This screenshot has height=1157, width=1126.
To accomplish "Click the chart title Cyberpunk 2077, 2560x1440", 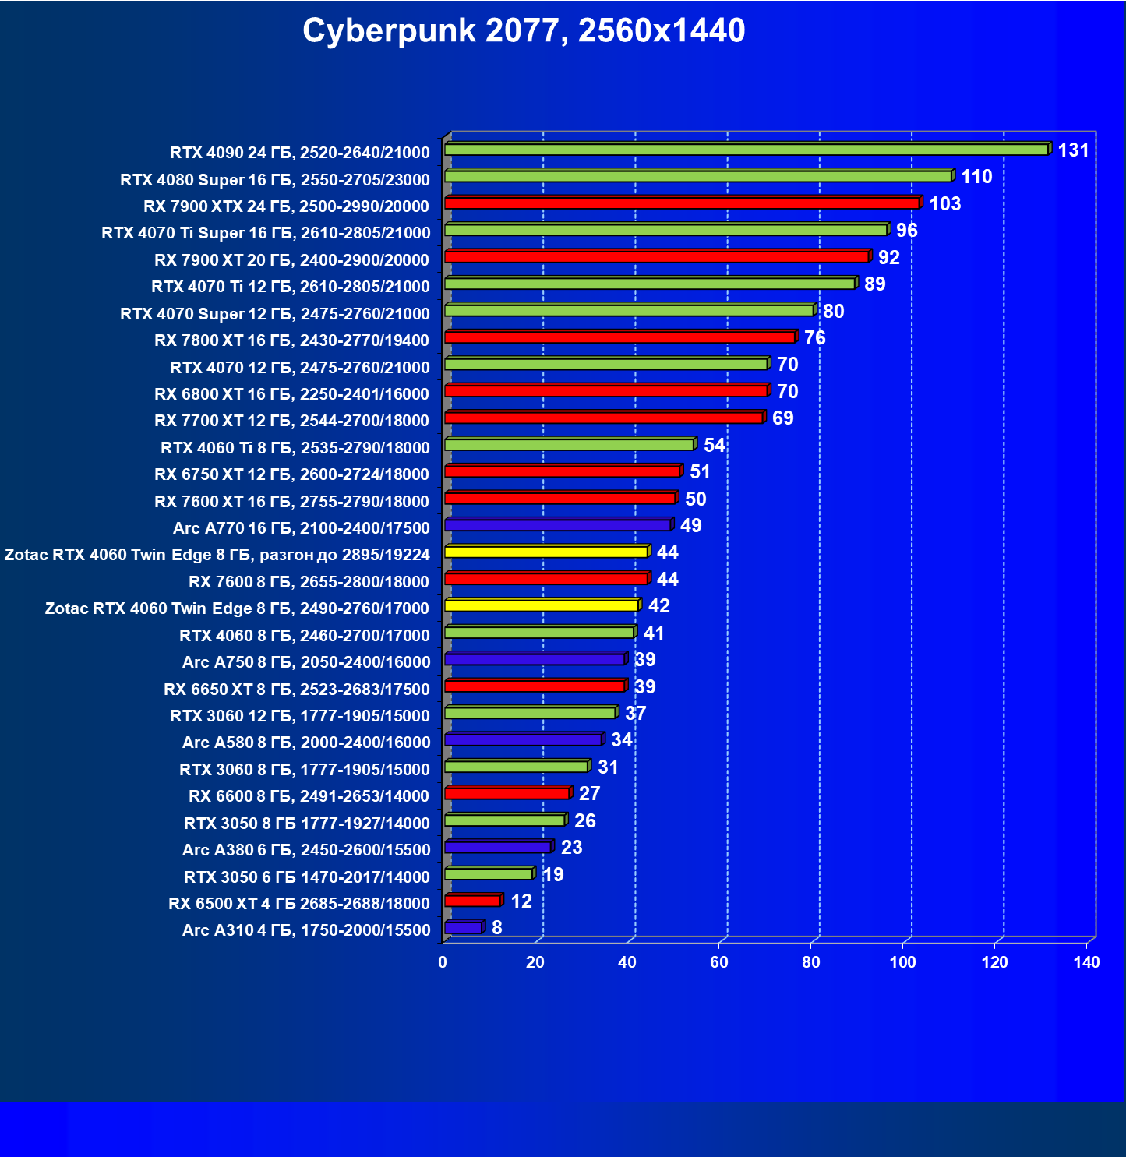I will coord(524,31).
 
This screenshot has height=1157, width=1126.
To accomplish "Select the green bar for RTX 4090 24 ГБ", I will coord(747,150).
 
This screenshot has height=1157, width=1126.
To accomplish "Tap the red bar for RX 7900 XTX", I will coord(682,203).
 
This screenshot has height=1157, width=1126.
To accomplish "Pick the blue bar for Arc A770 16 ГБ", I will coord(558,525).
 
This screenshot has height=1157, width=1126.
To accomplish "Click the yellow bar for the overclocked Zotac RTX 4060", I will coord(546,552).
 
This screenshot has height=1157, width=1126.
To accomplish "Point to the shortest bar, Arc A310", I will coord(464,928).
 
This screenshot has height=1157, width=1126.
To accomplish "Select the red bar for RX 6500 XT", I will coord(473,901).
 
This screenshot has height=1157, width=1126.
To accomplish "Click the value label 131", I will coord(1073,150).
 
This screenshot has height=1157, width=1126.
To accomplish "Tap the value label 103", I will coord(944,204).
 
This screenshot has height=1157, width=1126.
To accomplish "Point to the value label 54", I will coord(714,446).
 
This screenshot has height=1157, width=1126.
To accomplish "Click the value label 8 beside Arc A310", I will coord(497,928).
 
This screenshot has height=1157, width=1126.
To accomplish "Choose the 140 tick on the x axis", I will coord(1086,962).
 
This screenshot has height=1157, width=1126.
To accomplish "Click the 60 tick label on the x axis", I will coord(718,962).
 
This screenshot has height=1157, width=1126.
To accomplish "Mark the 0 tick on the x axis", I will coord(443,962).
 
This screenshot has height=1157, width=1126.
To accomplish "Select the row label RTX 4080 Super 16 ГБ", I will coord(275,180).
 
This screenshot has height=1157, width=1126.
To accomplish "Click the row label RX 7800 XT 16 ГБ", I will coord(291,340).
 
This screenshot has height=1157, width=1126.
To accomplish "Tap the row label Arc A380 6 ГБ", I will coord(306,850).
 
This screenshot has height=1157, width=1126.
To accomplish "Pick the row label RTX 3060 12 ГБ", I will coord(300,716).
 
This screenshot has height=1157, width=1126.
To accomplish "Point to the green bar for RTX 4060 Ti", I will coord(569,445).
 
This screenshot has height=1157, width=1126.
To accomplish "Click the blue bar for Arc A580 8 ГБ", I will coord(523,739).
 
